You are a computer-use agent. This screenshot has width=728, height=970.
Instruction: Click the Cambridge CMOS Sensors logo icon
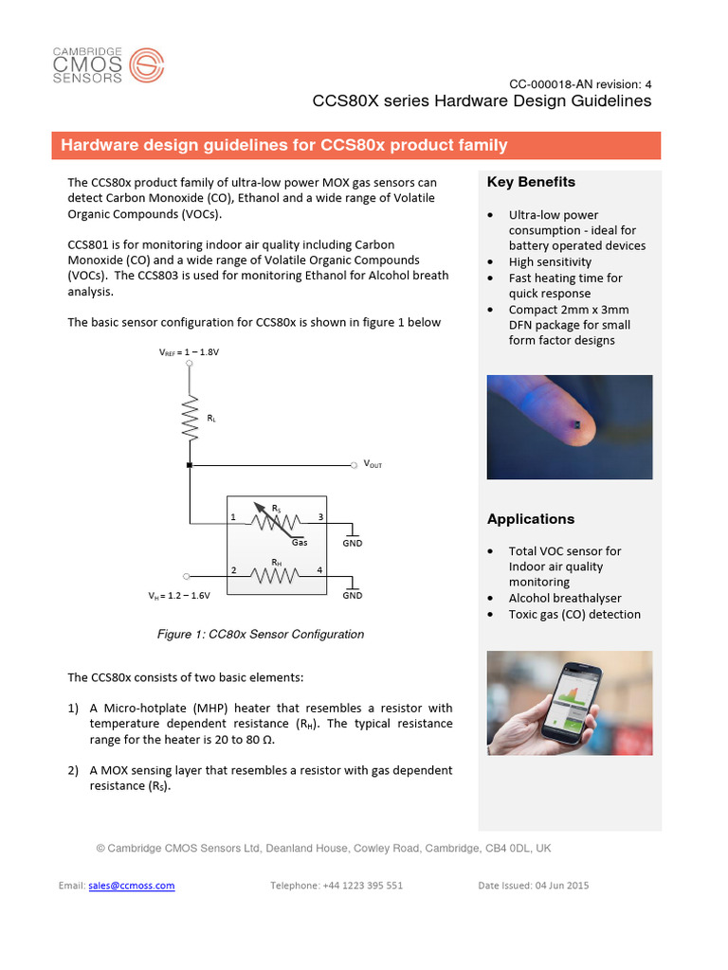tap(146, 67)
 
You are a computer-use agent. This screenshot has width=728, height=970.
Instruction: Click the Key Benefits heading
tap(531, 182)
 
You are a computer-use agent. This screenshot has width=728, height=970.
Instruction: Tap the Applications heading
tap(531, 519)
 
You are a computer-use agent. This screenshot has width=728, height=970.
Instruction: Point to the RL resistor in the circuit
tap(191, 417)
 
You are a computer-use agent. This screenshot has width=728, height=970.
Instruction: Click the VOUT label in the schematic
tap(373, 465)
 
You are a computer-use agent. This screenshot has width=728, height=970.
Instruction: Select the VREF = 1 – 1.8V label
tap(190, 351)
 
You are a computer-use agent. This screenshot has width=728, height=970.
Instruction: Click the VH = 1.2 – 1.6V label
tap(178, 597)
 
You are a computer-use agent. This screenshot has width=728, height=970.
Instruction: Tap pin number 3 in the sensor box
tap(320, 517)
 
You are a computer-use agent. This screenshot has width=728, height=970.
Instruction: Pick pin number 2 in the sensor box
tap(233, 570)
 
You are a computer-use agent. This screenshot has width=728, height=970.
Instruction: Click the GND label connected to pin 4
tap(352, 596)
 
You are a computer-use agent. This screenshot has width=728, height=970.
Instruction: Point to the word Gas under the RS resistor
tap(300, 543)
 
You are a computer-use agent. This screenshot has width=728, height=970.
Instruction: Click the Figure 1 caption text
tap(260, 635)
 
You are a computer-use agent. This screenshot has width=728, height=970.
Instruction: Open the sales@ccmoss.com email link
tap(132, 886)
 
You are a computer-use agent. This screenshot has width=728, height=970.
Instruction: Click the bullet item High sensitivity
tap(550, 261)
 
